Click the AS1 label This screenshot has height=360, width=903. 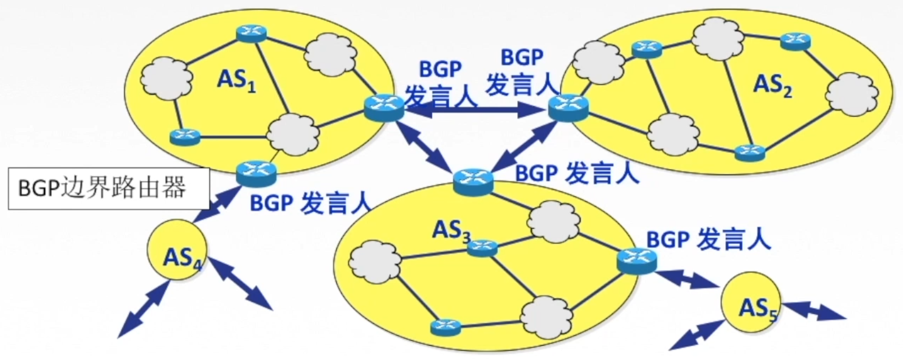pyautogui.click(x=236, y=81)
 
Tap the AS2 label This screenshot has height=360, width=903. pyautogui.click(x=772, y=85)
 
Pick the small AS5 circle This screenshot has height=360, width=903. pyautogui.click(x=751, y=302)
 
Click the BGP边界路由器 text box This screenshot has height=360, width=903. pyautogui.click(x=108, y=189)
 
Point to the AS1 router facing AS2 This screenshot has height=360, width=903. pyautogui.click(x=384, y=107)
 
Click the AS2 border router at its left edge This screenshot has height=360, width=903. pyautogui.click(x=568, y=108)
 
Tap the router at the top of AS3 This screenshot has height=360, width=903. pyautogui.click(x=473, y=181)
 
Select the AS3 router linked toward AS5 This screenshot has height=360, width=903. pyautogui.click(x=636, y=260)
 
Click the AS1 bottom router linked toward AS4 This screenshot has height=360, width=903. pyautogui.click(x=256, y=172)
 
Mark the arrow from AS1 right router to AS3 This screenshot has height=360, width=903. pyautogui.click(x=425, y=145)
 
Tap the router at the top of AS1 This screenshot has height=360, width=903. pyautogui.click(x=252, y=33)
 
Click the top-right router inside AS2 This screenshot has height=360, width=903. pyautogui.click(x=795, y=41)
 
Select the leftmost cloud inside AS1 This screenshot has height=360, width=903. pyautogui.click(x=164, y=78)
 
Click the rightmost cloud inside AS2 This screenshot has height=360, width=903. pyautogui.click(x=851, y=93)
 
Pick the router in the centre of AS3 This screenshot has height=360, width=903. pyautogui.click(x=482, y=247)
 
